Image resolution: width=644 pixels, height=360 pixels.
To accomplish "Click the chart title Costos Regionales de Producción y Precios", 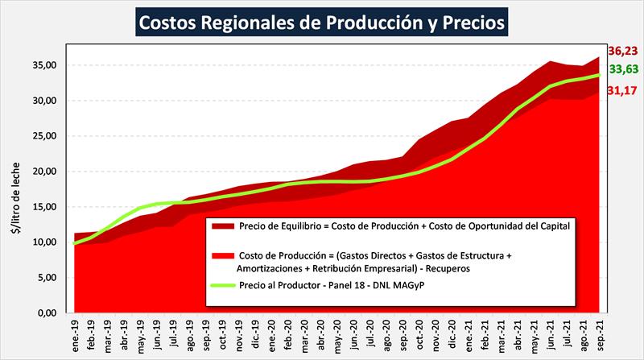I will pos(322,22).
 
